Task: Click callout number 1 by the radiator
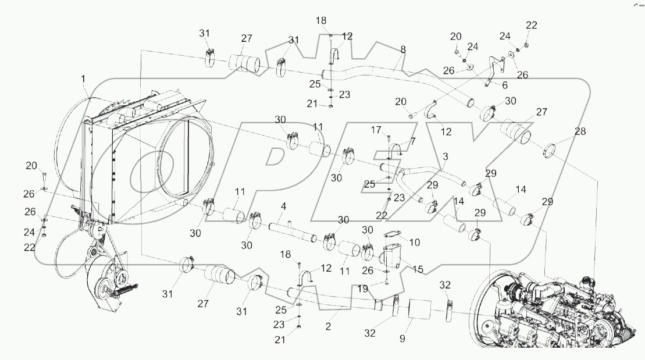click(x=83, y=78)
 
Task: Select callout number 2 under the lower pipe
click(x=328, y=327)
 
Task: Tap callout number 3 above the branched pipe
click(x=445, y=158)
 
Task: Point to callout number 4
click(x=283, y=206)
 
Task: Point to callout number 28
click(x=580, y=132)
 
